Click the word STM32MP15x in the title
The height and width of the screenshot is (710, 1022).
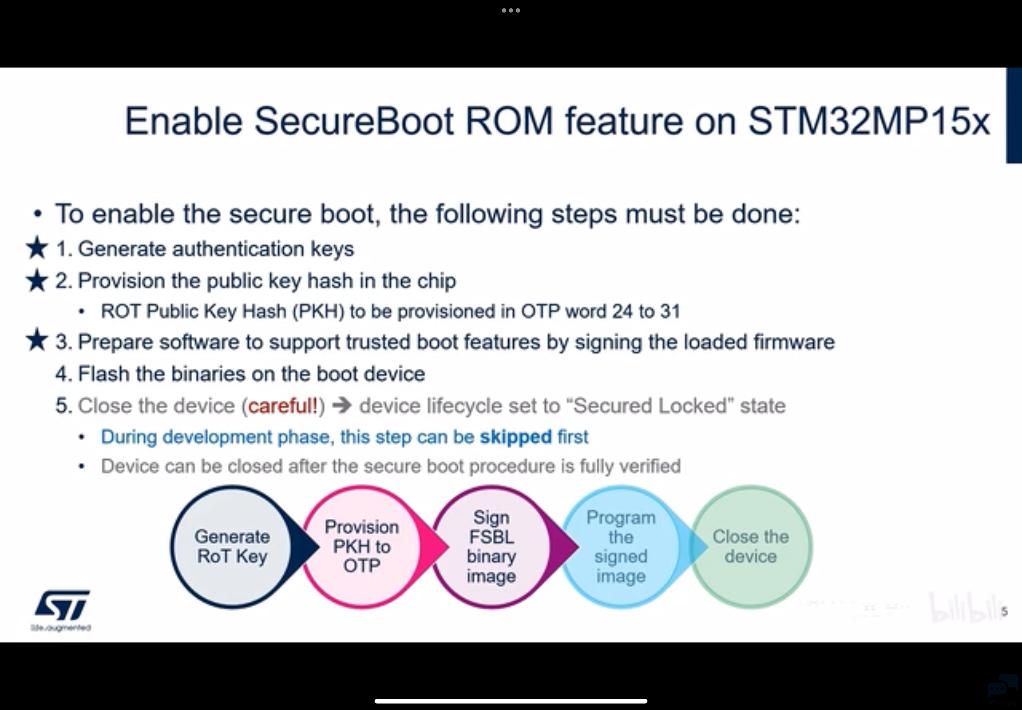coord(869,121)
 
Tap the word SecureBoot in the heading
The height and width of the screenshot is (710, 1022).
coord(354,121)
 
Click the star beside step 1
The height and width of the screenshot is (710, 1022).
coord(37,248)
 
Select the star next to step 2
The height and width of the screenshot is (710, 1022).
coord(37,281)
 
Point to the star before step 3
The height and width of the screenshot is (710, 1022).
coord(37,340)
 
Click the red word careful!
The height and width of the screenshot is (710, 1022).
coord(283,406)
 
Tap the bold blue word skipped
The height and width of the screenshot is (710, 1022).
coord(516,437)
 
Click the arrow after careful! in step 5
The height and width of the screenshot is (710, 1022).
coord(342,406)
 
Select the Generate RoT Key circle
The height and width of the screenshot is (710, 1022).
coord(232,547)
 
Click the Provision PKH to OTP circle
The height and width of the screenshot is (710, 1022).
coord(362,547)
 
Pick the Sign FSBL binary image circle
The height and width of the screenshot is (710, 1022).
coord(491,547)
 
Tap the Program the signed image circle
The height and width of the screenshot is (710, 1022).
coord(621,547)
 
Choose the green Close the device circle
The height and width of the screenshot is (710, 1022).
coord(750,547)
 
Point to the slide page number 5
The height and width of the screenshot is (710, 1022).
coord(1004,612)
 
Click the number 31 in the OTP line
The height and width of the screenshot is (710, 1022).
coord(670,311)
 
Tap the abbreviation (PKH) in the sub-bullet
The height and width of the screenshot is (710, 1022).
coord(318,311)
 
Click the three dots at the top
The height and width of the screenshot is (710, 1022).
coord(511,10)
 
